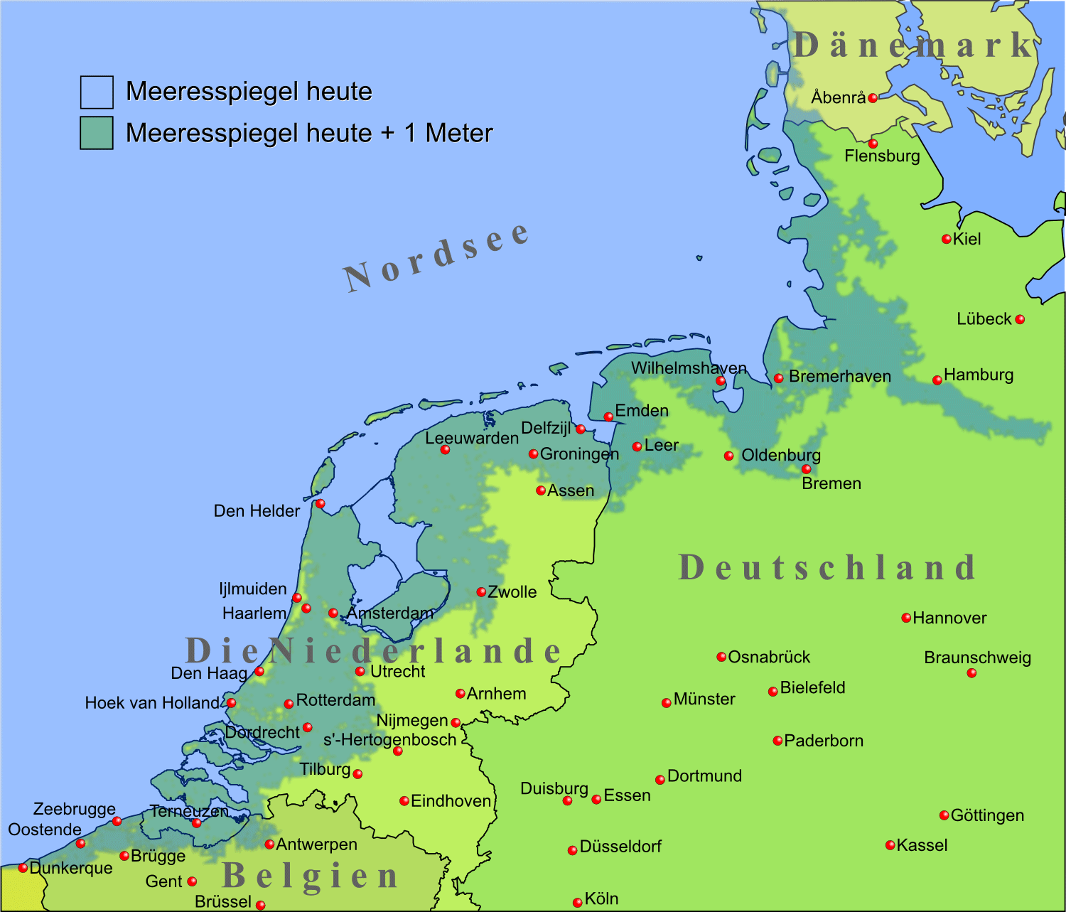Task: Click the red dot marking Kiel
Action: (946, 240)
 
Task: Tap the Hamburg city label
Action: (979, 375)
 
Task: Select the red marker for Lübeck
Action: (1020, 319)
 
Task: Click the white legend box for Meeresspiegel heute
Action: (97, 92)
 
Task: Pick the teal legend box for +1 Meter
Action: (97, 133)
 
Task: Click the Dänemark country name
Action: (914, 45)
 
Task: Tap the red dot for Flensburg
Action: (873, 144)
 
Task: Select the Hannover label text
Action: (949, 618)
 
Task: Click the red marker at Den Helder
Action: (320, 504)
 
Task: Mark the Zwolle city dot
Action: (481, 592)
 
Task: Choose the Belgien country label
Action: (311, 876)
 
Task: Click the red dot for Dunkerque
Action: (23, 868)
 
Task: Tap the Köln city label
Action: (601, 899)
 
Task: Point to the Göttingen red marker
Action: (944, 815)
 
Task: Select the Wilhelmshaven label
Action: (689, 368)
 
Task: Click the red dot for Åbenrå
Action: (873, 98)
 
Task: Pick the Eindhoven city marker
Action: (404, 801)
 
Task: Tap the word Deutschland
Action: (827, 568)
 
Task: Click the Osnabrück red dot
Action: (721, 657)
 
